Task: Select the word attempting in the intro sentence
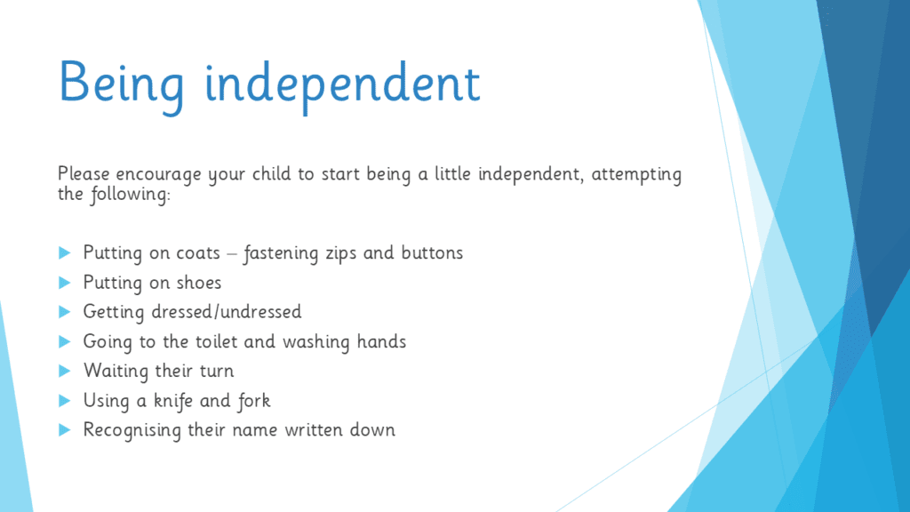636,175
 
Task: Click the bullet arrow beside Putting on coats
64,252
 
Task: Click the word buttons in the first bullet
432,252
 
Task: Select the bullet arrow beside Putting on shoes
64,282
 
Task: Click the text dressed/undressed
227,312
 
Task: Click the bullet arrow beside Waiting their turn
64,371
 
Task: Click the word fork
253,401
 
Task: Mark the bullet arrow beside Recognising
64,429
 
